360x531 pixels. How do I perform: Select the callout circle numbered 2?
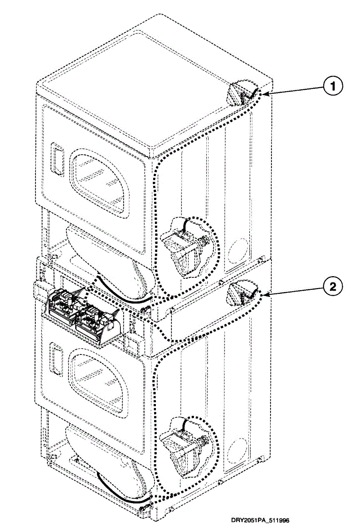(x=333, y=287)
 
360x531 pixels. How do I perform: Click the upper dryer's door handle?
(x=56, y=157)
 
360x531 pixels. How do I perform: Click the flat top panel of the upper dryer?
(x=151, y=84)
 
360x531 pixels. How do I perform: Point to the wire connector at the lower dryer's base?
(x=143, y=509)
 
